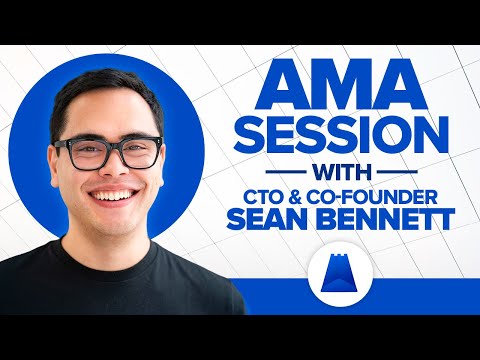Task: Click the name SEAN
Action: (x=267, y=220)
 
